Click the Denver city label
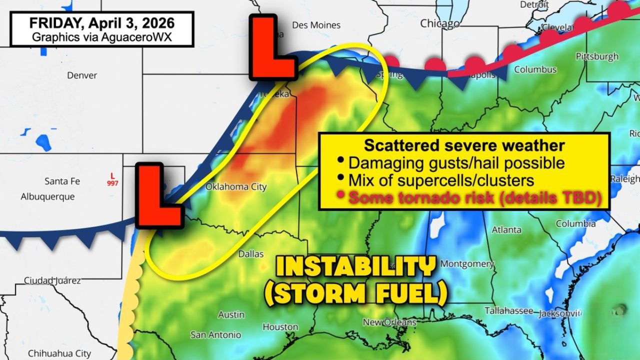click(x=82, y=75)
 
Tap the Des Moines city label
click(x=323, y=25)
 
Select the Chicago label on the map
click(x=439, y=23)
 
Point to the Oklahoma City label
click(x=236, y=187)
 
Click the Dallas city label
click(x=250, y=254)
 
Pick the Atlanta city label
click(x=506, y=230)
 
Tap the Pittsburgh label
click(x=597, y=56)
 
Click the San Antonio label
click(x=216, y=334)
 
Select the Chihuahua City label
click(x=59, y=353)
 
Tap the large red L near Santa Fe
click(x=158, y=195)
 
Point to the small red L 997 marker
click(x=112, y=179)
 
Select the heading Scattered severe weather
click(x=464, y=145)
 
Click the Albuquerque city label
click(x=47, y=196)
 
